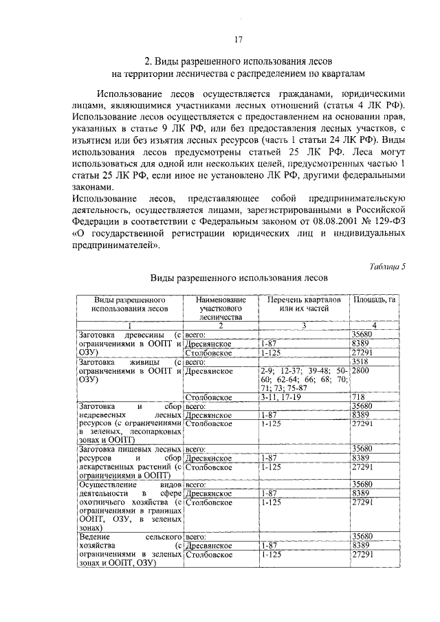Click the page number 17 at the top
tap(237, 38)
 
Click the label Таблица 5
tap(387, 267)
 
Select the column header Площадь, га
tap(373, 300)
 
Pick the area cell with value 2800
tap(362, 370)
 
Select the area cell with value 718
tap(357, 397)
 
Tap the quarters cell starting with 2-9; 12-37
tap(302, 379)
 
